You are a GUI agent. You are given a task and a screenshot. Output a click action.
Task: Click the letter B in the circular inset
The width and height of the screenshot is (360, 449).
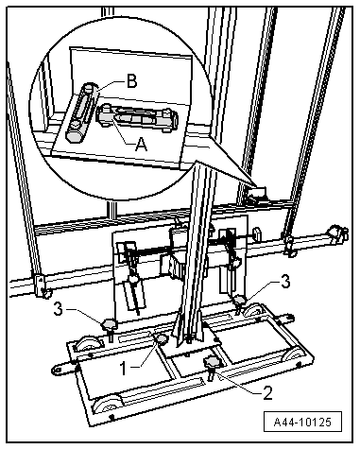pos(132,81)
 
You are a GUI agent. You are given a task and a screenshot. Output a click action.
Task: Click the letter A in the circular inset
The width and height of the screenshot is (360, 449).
pos(142,145)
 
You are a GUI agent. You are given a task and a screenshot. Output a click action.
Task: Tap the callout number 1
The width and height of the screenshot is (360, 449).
pos(124,368)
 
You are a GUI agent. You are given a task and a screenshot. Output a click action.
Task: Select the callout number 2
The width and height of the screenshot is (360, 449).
pos(267,393)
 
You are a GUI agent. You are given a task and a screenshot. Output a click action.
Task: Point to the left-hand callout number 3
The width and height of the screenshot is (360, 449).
pos(59,309)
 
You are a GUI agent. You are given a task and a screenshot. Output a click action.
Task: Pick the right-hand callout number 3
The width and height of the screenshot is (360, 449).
pos(285,282)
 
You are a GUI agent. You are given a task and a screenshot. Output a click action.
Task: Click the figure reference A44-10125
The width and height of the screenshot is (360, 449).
pos(302,422)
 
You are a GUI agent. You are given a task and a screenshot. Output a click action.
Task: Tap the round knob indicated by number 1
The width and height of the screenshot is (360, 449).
pos(163,339)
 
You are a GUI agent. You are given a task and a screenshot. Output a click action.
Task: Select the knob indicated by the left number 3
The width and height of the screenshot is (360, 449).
pos(109,327)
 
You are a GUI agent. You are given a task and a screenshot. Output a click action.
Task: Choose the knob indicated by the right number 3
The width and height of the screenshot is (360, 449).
pos(241,302)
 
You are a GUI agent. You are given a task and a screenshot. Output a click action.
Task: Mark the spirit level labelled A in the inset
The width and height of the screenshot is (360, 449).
pos(137,118)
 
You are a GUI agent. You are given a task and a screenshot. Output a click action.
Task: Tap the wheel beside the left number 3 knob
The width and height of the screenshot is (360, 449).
pos(89,343)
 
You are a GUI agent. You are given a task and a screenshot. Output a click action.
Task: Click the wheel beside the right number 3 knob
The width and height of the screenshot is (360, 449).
pos(255,310)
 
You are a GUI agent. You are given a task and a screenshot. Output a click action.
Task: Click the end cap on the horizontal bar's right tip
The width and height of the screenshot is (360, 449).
pos(338,233)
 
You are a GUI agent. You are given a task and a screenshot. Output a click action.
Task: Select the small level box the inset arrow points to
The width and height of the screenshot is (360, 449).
pos(257,193)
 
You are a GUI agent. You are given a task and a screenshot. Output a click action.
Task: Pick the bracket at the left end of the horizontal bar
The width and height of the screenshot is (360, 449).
pos(42,285)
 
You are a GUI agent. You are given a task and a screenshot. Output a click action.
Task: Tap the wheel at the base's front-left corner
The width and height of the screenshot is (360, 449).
pos(107,405)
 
